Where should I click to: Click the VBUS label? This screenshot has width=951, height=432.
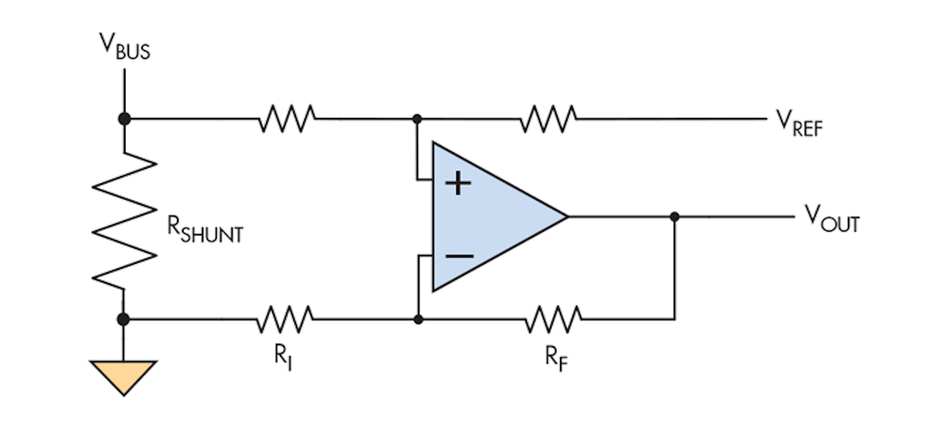coord(125,46)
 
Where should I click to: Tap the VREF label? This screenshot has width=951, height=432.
coord(799,122)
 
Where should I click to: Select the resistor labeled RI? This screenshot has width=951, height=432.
coord(285,319)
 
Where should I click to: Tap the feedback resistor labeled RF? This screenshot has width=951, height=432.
coord(553,319)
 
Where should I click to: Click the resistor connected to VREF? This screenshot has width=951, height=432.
coord(548,119)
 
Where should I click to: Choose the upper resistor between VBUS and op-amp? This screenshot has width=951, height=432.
coord(287,119)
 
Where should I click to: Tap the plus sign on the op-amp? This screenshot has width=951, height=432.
coord(458,184)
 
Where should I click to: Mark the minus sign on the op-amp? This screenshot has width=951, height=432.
coord(458,255)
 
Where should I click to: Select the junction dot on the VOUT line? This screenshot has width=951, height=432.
coord(674,216)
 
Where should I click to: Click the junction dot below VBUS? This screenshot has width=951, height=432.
coord(123,119)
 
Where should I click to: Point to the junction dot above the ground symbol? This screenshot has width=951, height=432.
coord(123,319)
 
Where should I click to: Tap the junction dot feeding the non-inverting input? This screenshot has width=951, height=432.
coord(417,119)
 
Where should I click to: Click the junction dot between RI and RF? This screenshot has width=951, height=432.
coord(417,319)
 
